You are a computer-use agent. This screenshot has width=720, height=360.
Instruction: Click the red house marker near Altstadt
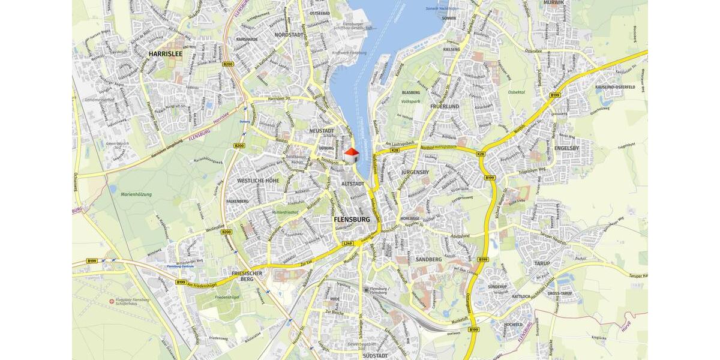(352, 154)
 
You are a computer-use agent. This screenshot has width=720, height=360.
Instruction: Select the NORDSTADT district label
(288, 35)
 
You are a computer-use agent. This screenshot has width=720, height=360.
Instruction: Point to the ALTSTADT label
(352, 184)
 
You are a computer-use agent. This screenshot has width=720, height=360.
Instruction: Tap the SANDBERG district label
(428, 259)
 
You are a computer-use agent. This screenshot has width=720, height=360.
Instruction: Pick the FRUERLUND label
(444, 106)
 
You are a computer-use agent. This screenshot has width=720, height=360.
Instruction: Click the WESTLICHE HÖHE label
(258, 181)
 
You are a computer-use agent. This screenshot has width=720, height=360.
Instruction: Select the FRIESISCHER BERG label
(248, 276)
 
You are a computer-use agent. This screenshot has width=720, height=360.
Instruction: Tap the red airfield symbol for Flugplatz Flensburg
(112, 301)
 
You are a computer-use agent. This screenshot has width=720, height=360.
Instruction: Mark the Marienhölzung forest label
(137, 194)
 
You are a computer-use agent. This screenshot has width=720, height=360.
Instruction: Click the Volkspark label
(411, 102)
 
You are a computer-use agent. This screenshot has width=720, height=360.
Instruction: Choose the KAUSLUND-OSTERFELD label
(615, 87)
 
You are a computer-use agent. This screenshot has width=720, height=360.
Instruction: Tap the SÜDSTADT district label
(376, 356)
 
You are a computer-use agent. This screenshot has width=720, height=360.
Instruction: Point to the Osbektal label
(517, 92)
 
